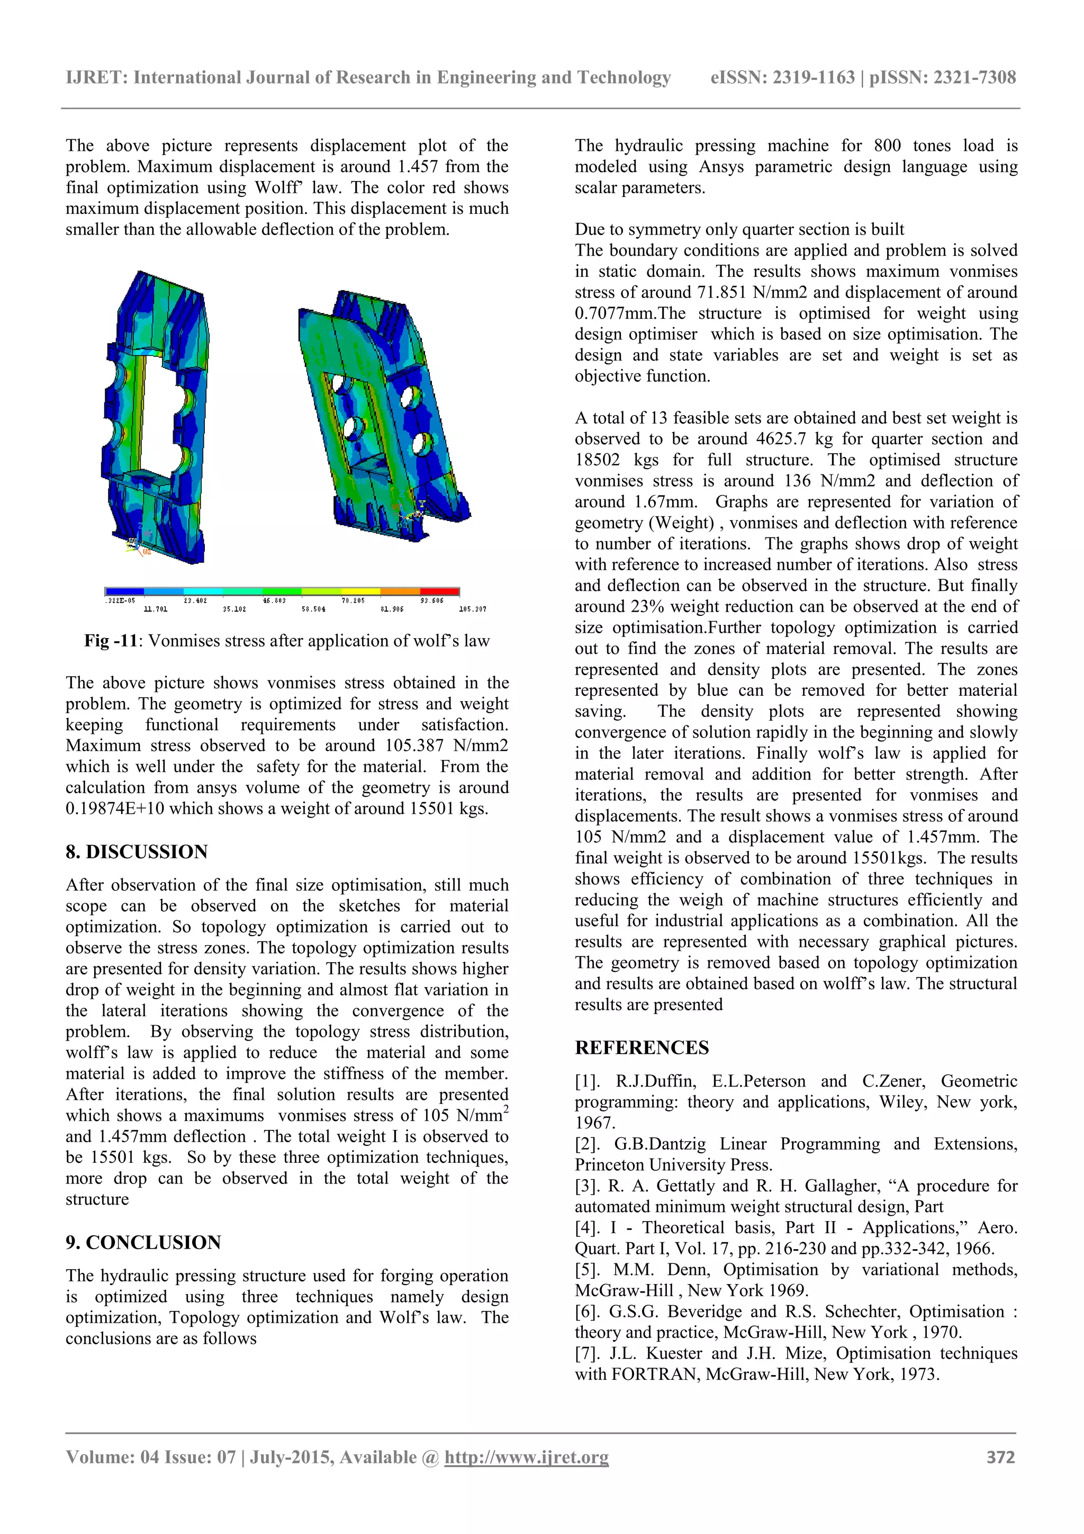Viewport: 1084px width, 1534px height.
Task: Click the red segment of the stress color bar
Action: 439,591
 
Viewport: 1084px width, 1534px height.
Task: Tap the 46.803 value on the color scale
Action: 275,600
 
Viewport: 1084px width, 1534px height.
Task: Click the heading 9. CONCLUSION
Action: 143,1242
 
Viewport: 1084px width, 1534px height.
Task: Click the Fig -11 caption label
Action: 110,641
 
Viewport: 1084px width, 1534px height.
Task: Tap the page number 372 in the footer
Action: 1000,1457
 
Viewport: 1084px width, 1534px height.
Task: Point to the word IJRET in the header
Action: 96,77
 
